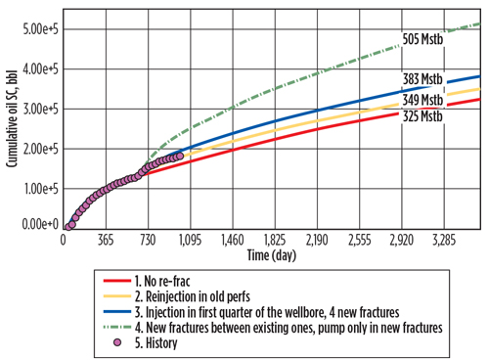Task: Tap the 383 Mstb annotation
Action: click(422, 79)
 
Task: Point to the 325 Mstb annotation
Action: click(422, 116)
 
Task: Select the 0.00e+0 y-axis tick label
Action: click(37, 226)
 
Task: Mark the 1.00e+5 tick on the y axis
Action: click(37, 187)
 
